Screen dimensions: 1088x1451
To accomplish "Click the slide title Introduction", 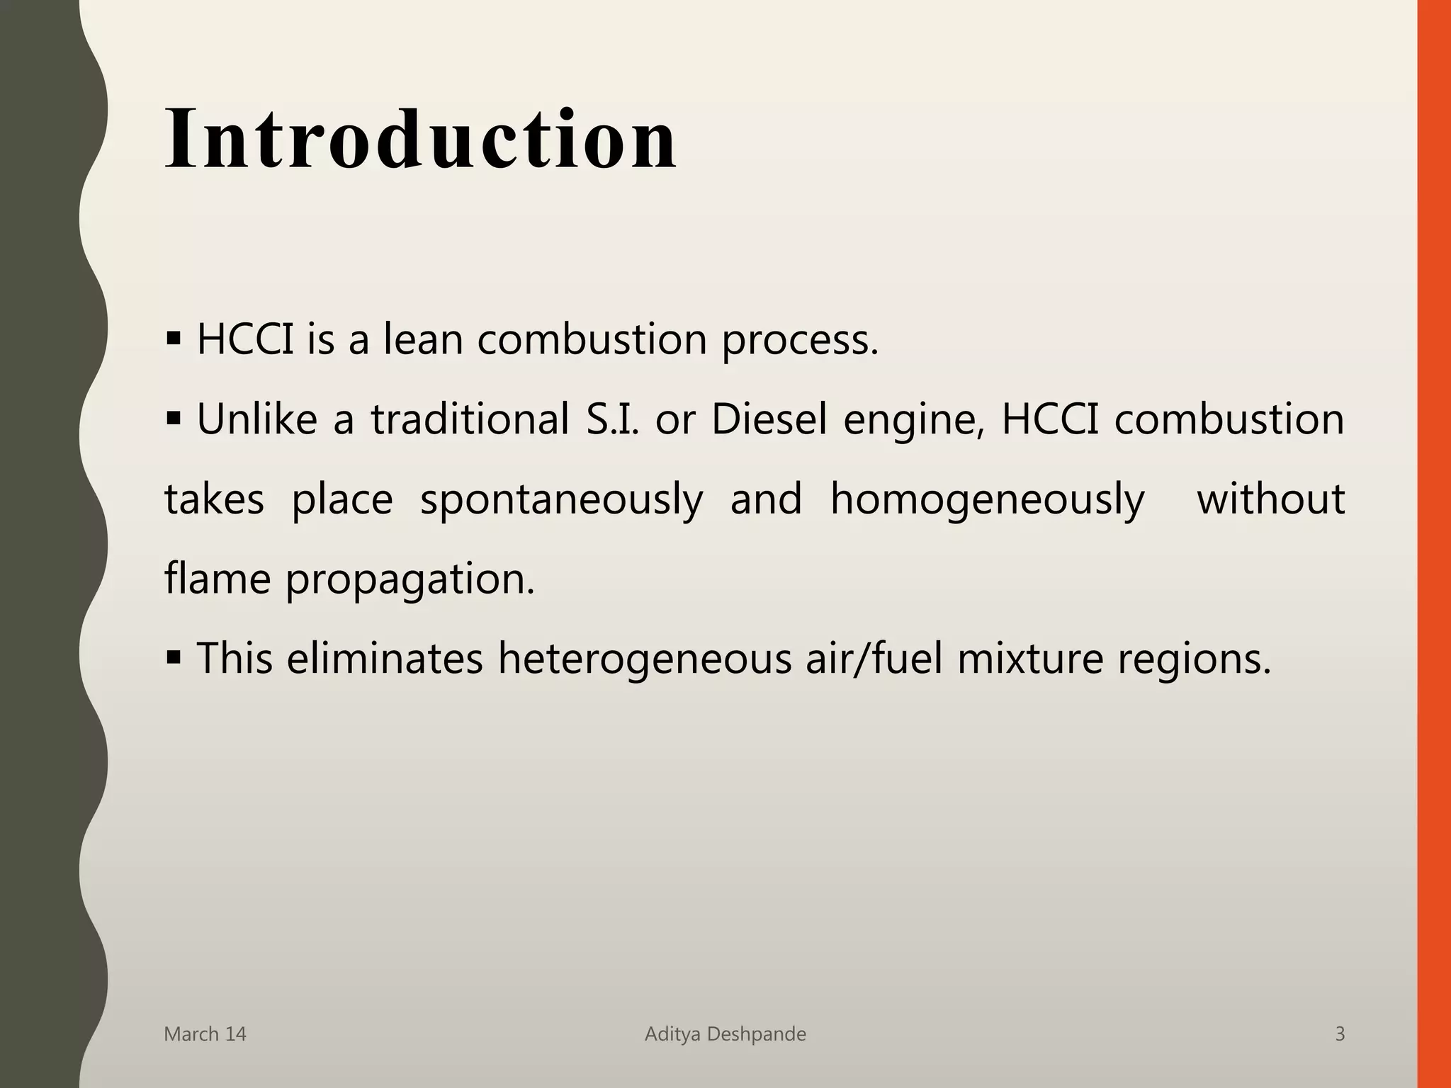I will pos(421,139).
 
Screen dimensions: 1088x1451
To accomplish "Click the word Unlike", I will pos(256,419).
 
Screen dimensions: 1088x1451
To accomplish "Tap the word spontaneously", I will pos(561,500).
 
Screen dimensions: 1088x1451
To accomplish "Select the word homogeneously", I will pos(987,500).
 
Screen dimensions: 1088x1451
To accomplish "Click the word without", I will pos(1270,499).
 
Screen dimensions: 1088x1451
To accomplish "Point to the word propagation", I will pos(410,580).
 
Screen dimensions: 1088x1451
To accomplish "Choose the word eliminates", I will pos(385,658).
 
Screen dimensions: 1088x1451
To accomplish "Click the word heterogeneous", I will pos(644,659).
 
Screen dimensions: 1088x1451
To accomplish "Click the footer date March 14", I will pos(205,1034).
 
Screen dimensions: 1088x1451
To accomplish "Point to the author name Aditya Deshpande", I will pos(725,1034).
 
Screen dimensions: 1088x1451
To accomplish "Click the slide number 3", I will pos(1339,1034).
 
